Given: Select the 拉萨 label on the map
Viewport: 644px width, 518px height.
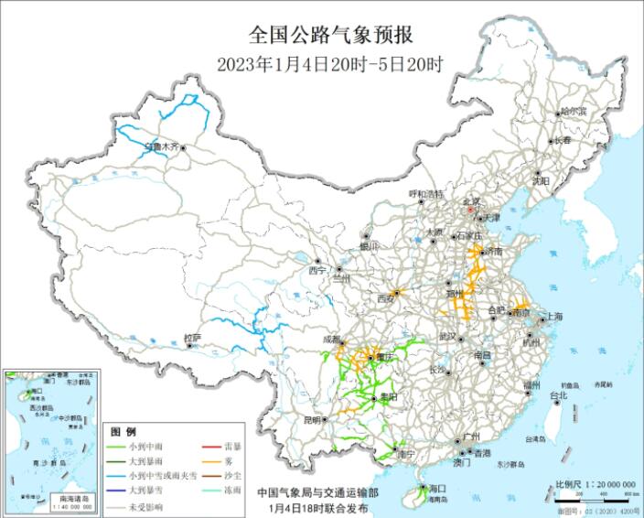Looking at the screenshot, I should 191,338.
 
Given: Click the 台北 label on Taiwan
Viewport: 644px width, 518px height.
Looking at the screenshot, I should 557,395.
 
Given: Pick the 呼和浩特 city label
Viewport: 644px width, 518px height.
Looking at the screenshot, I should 425,194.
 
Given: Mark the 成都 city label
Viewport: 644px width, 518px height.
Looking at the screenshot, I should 331,338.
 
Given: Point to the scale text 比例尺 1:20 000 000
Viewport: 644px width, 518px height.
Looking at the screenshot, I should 595,482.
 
